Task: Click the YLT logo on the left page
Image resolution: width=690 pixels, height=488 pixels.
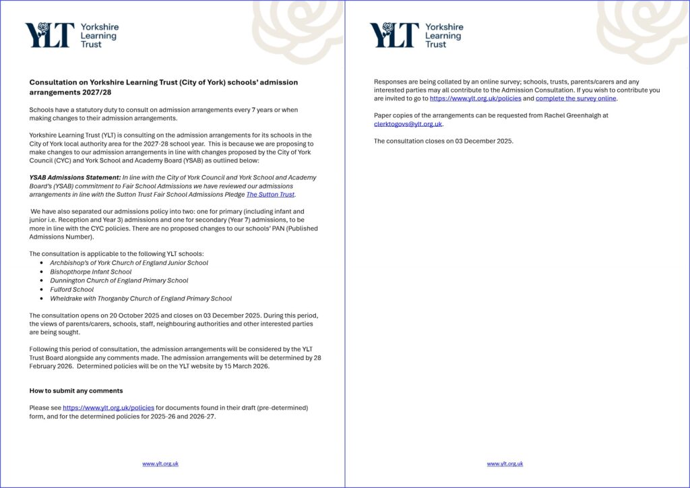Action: tap(71, 35)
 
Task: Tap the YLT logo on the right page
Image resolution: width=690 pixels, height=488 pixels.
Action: tap(416, 35)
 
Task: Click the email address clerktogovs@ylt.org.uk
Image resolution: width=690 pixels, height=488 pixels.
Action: tap(408, 124)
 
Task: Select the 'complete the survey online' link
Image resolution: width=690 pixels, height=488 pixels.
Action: tap(576, 98)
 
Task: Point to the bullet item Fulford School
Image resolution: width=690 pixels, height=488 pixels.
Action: tap(72, 289)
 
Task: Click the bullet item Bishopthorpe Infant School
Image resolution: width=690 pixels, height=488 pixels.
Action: tap(91, 272)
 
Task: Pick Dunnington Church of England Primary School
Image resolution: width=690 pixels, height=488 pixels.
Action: tap(119, 280)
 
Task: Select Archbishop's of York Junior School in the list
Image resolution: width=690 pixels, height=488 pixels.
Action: tap(129, 263)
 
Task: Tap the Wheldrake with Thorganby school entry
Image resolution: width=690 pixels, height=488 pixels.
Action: tap(141, 299)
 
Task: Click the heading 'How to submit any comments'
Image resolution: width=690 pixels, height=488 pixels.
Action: tap(76, 391)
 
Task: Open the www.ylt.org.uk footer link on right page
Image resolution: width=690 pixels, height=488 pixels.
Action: tap(505, 464)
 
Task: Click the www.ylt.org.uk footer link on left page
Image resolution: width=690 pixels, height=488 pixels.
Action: tap(160, 464)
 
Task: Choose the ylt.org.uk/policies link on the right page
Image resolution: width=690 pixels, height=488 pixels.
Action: tap(475, 98)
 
